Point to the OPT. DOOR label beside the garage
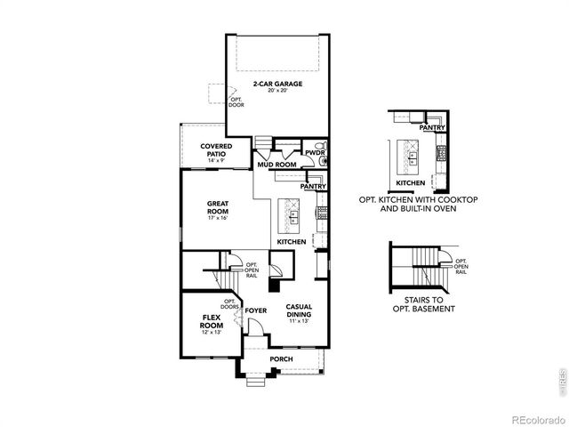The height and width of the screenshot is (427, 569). [x=236, y=101]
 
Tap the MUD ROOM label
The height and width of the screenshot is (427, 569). [x=277, y=165]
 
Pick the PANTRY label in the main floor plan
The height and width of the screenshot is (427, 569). [x=313, y=187]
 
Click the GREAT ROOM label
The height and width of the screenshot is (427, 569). [x=218, y=207]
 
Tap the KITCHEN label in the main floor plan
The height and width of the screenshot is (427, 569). [x=292, y=242]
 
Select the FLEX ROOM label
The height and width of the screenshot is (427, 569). [x=212, y=318]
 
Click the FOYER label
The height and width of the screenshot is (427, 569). [x=257, y=310]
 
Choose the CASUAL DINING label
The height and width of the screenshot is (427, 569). [x=298, y=310]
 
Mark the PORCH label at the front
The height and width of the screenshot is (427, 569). [x=281, y=361]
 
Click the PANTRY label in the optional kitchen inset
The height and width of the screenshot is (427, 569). [x=432, y=128]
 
